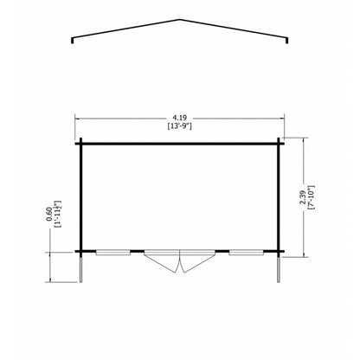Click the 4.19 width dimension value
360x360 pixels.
[180, 118]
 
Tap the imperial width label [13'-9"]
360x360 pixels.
[180, 126]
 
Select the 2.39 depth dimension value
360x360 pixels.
[303, 197]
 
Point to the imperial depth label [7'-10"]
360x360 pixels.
[311, 197]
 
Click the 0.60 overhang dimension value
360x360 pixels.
[49, 215]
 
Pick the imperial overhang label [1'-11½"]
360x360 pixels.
[58, 214]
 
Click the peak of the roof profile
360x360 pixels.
[180, 20]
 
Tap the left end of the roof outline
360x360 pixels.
[72, 43]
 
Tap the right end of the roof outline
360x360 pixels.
[287, 43]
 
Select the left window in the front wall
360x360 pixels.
[113, 253]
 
